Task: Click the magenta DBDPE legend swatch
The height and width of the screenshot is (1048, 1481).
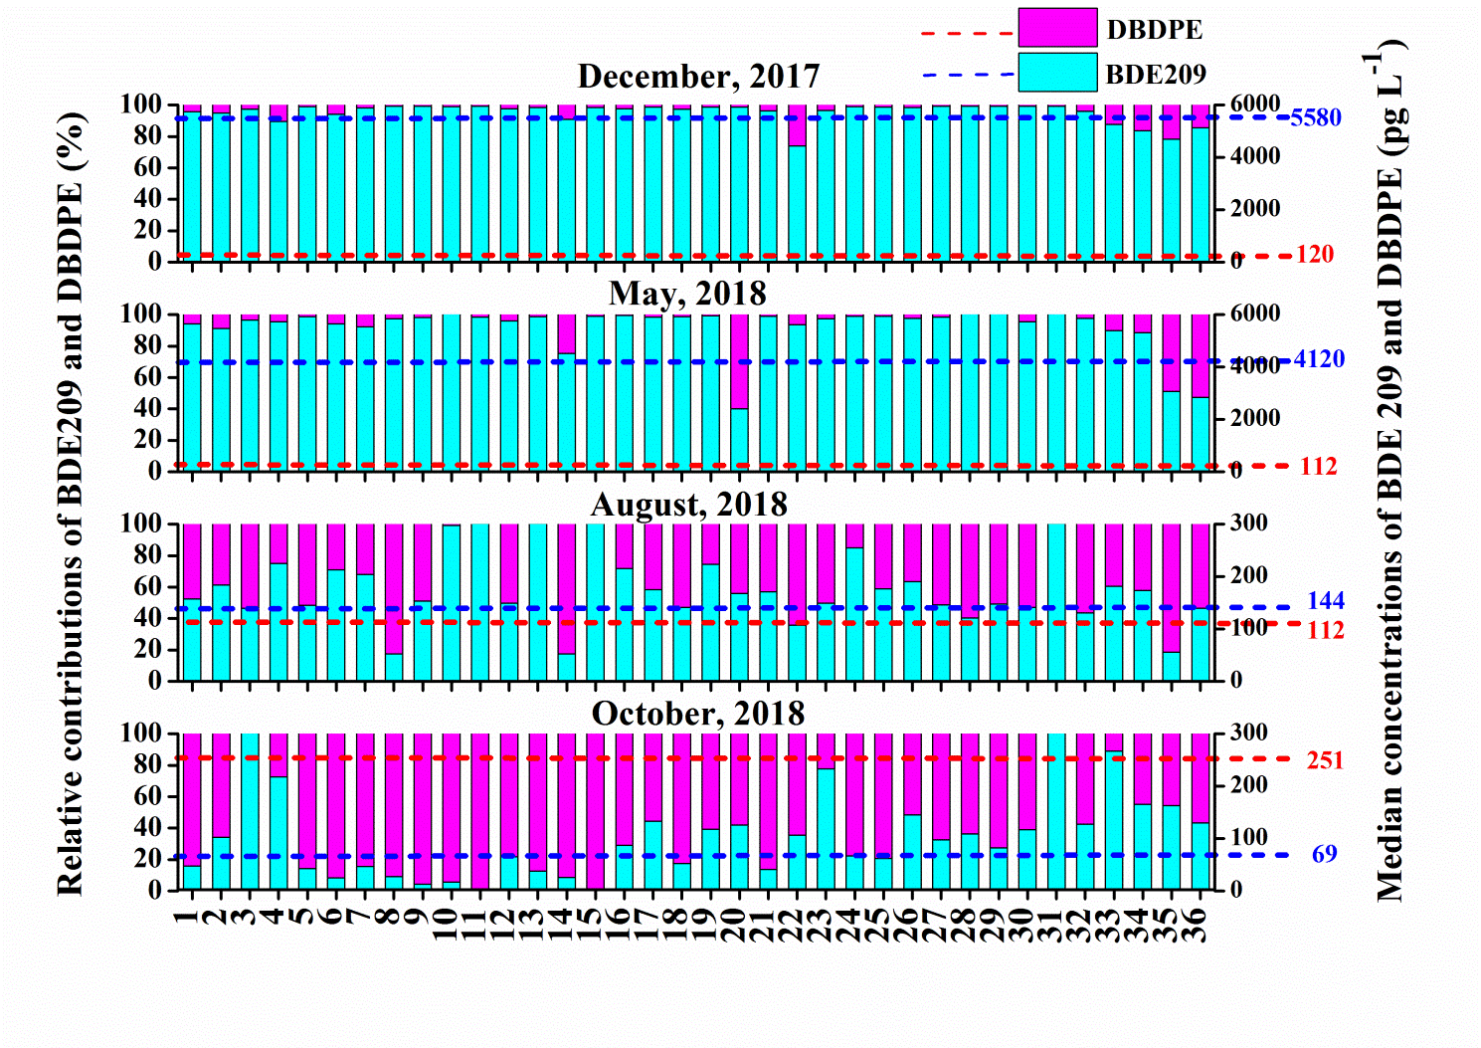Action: coord(1057,28)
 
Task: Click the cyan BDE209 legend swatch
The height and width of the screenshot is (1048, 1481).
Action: coord(1057,73)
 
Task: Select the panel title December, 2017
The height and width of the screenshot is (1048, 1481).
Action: coord(698,77)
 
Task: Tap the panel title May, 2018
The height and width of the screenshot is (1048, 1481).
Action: coord(687,294)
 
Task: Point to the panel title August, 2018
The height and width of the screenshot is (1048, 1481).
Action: coord(689,505)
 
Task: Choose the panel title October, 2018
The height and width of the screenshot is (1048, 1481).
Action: coord(697,714)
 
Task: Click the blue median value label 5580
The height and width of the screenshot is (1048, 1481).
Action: coord(1315,118)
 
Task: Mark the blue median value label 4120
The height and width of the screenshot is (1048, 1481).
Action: coord(1318,359)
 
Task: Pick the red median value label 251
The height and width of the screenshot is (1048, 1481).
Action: coord(1325,760)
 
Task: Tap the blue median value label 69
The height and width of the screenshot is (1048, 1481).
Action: coord(1324,854)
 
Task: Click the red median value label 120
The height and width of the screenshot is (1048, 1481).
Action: coord(1314,255)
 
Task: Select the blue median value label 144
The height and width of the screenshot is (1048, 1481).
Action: coord(1325,601)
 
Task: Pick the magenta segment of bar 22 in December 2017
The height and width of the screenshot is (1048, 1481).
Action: coord(797,125)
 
